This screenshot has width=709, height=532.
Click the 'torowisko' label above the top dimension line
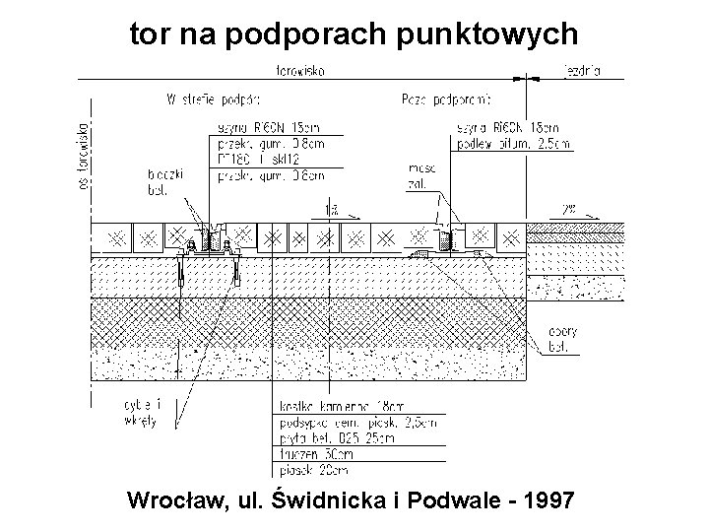(302, 71)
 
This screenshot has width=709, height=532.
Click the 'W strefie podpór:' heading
(212, 99)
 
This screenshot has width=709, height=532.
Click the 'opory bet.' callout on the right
(562, 338)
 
